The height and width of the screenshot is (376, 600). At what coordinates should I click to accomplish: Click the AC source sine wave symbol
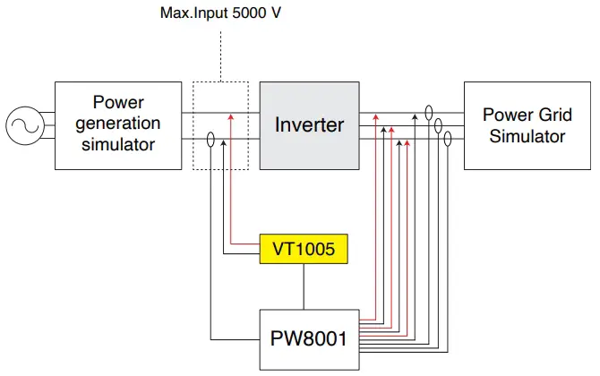[23, 125]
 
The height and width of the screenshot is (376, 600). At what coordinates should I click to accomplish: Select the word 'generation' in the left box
[118, 124]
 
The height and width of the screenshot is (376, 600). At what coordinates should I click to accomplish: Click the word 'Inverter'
[309, 124]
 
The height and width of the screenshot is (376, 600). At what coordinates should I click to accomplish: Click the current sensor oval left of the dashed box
[210, 141]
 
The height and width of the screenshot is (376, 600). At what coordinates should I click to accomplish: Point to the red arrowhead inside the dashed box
[231, 116]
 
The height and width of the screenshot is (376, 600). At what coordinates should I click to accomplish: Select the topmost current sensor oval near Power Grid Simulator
[429, 113]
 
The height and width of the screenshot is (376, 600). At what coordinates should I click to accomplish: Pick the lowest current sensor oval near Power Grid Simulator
[448, 141]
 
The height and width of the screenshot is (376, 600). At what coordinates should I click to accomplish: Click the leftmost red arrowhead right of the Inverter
[375, 116]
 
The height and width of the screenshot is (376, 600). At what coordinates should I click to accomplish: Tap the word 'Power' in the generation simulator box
[118, 103]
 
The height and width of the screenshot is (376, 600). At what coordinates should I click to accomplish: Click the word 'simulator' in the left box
[118, 144]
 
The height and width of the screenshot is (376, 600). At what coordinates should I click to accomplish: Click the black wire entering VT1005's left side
[242, 256]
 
